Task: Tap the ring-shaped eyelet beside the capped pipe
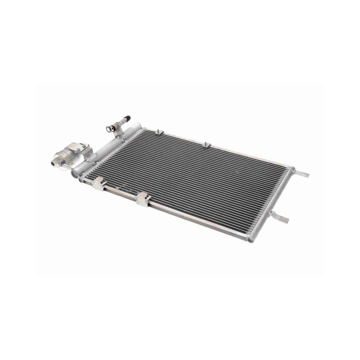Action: point(109,128)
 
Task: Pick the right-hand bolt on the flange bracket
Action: point(86,146)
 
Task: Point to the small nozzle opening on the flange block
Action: point(54,163)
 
